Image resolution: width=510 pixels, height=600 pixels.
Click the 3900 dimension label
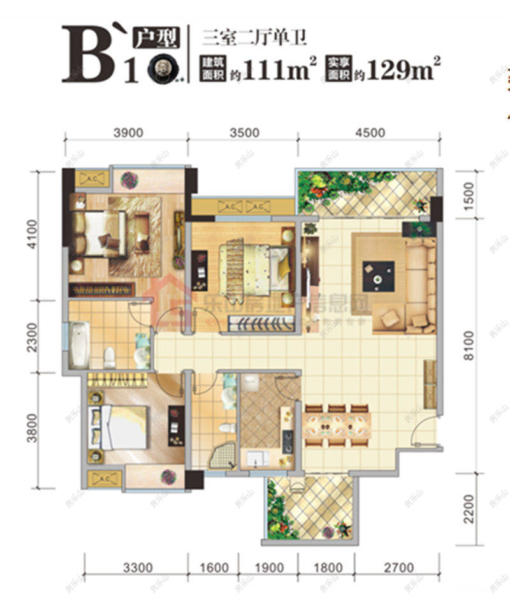[125, 133]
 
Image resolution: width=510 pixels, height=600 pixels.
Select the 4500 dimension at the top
[370, 133]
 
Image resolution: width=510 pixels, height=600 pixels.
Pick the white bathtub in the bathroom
[78, 344]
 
